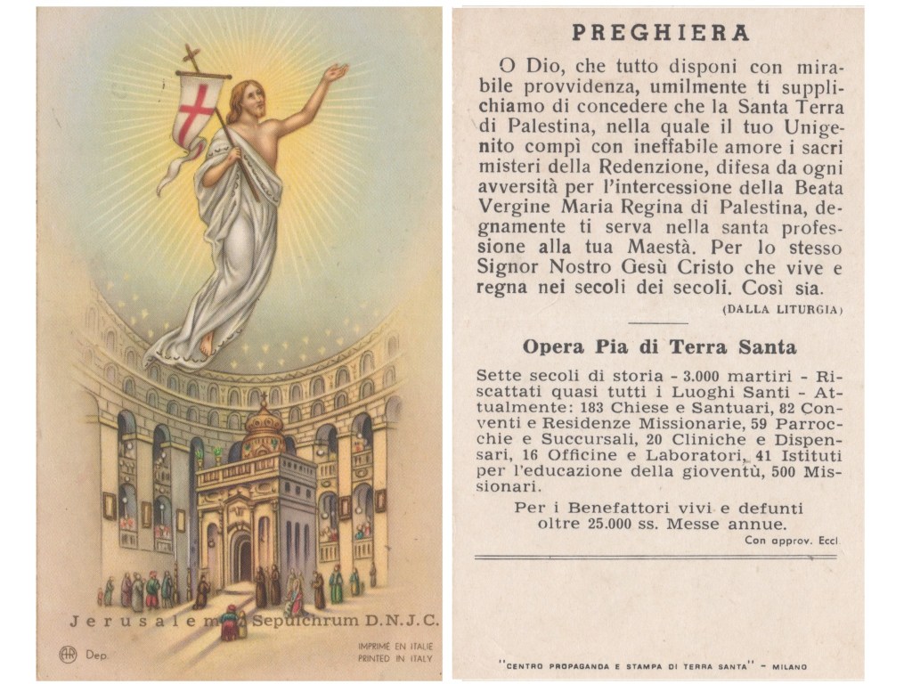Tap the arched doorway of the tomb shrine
pyautogui.click(x=243, y=557)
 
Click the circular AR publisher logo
pyautogui.click(x=68, y=654)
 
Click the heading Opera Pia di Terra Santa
pyautogui.click(x=659, y=347)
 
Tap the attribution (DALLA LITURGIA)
pyautogui.click(x=782, y=309)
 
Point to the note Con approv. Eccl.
pyautogui.click(x=793, y=541)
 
